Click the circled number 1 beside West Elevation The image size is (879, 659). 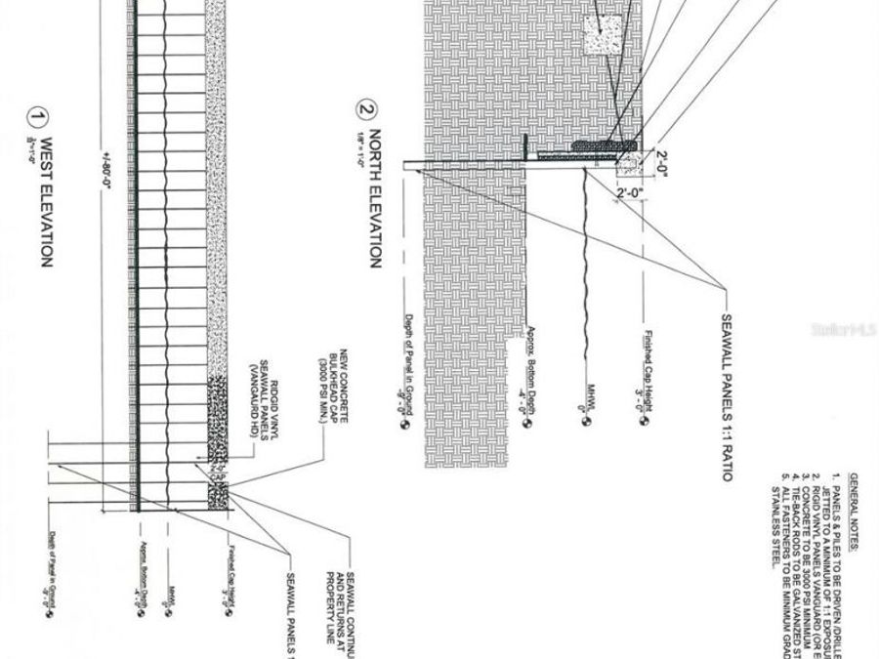point(37,120)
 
